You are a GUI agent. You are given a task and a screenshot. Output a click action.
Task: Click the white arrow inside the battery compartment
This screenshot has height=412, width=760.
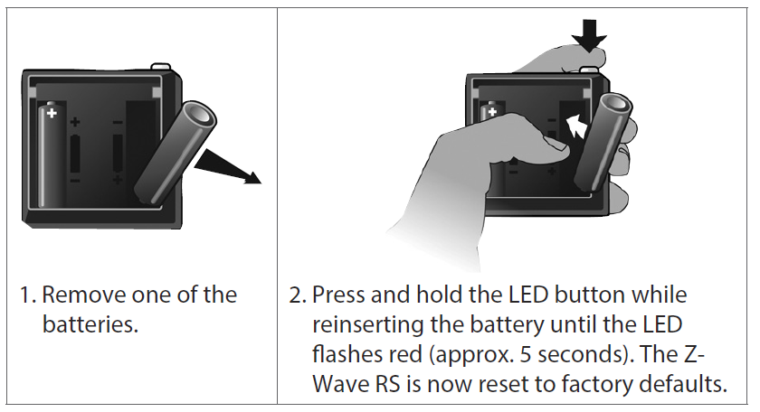572,127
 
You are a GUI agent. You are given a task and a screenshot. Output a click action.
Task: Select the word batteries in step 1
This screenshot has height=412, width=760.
90,324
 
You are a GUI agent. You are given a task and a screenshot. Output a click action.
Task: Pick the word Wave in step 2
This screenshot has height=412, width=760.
341,382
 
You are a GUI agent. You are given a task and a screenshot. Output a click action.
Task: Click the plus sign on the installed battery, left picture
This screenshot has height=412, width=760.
51,113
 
